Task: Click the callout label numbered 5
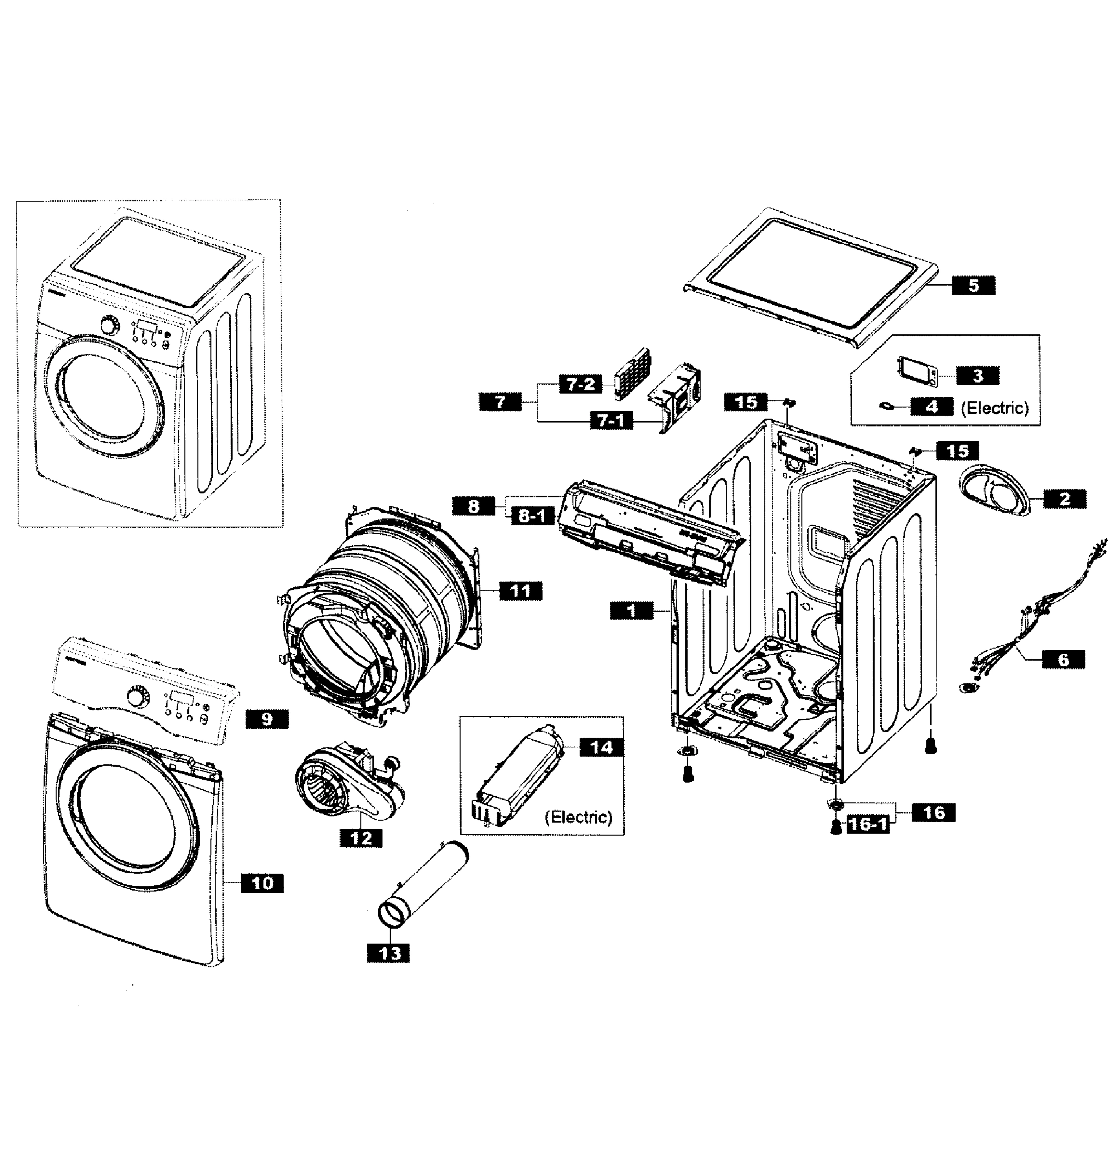pos(973,285)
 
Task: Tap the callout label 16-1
pos(867,824)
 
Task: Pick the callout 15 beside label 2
pos(957,451)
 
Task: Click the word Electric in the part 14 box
pos(579,817)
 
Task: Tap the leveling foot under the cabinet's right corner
pos(930,746)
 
